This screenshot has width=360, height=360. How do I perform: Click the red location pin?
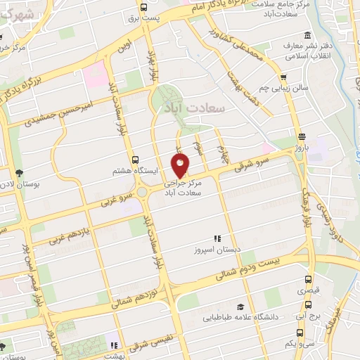(180, 165)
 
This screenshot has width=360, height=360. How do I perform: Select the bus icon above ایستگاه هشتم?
(135, 160)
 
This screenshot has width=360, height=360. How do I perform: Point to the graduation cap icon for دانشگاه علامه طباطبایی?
(240, 307)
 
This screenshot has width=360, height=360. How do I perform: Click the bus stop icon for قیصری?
(309, 279)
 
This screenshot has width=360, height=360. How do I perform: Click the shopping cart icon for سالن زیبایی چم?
(283, 77)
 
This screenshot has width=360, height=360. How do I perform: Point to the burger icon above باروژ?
(302, 136)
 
